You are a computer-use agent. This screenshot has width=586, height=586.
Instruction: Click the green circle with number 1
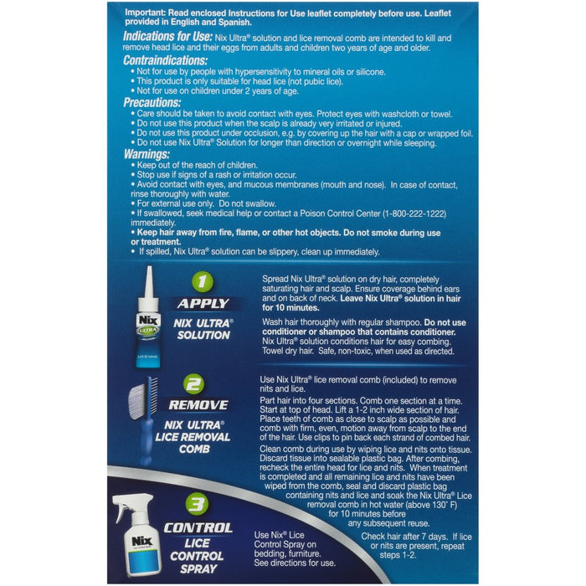pos(203,282)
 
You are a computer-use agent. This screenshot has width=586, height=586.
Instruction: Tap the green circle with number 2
pos(193,383)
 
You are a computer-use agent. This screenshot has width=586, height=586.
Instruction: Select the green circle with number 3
pos(197,503)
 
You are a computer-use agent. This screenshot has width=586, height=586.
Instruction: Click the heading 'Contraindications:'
pos(165,60)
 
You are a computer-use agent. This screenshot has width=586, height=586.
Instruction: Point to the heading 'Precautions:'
pos(152,102)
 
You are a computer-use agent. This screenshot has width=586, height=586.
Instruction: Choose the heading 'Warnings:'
pos(146,154)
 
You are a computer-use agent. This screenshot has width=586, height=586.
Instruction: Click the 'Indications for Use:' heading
pos(167,36)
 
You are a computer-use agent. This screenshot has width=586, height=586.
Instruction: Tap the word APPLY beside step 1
pos(203,303)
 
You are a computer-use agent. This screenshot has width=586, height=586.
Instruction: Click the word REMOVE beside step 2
pos(198,404)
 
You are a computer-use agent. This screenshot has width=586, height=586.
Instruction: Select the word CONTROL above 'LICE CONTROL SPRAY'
pos(198,527)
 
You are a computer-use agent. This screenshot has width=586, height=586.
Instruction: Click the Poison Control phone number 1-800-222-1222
pos(414,213)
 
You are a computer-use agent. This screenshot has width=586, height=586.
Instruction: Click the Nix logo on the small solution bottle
pos(149,320)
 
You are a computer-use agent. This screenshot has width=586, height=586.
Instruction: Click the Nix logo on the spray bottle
pos(142,541)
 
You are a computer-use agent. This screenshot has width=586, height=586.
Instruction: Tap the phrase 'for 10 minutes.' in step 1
pos(290,308)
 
